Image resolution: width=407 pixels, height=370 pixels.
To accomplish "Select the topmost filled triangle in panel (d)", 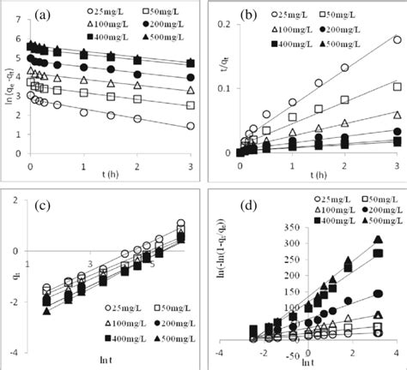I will coord(377,240).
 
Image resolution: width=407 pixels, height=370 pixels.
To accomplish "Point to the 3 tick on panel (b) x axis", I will coord(374,164).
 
